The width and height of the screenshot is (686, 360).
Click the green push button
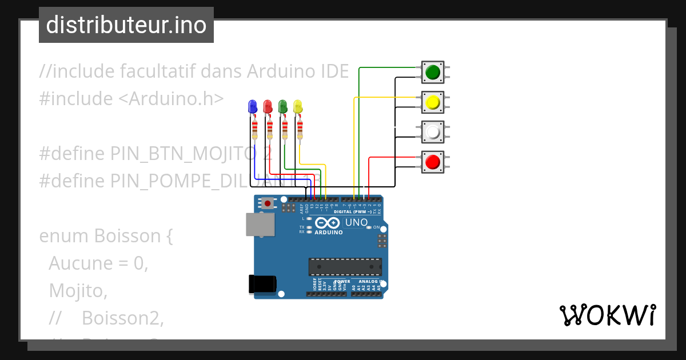[433, 72]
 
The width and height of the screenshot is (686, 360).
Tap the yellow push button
[433, 102]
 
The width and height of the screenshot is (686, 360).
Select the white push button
[433, 132]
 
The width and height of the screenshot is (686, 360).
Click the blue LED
[253, 106]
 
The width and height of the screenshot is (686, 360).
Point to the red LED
[268, 106]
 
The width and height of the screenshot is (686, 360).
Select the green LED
[282, 106]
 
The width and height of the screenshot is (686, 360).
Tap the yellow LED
[297, 106]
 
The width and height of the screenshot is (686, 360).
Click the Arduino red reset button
[268, 203]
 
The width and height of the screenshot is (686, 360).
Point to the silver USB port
[260, 225]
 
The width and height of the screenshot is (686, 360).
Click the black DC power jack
[264, 284]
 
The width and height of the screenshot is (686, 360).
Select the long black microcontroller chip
[345, 267]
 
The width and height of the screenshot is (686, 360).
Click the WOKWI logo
[607, 315]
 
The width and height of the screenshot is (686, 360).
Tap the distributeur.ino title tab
[126, 25]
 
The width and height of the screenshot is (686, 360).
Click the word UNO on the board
[356, 222]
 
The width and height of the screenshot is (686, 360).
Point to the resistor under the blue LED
[254, 130]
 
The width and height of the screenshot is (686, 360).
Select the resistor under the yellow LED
[299, 130]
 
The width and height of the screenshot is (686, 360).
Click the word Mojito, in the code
[78, 291]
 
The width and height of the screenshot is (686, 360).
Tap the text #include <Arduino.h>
[131, 98]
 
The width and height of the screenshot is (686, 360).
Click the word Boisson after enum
[125, 235]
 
